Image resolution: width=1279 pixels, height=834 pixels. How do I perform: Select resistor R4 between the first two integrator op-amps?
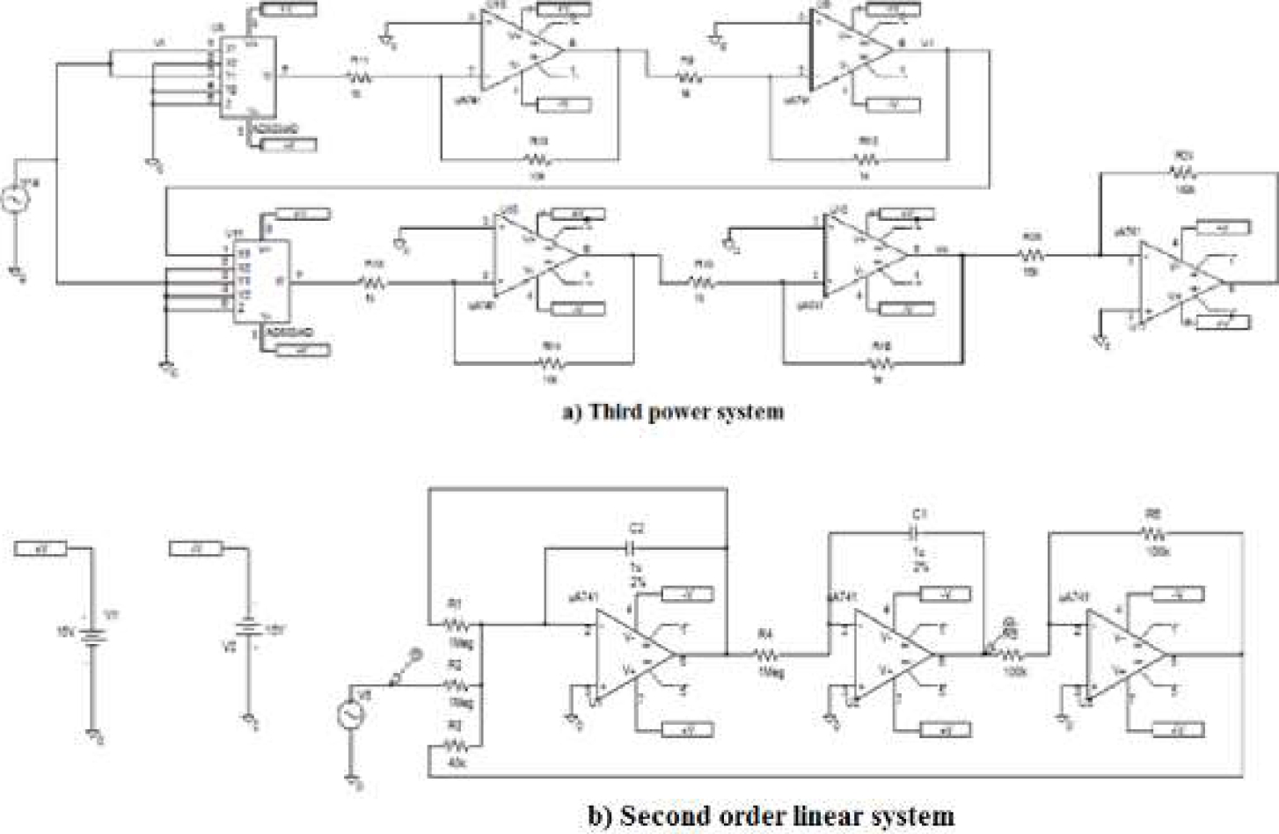pyautogui.click(x=765, y=654)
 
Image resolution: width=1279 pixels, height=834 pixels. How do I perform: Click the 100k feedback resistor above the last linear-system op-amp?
pyautogui.click(x=1153, y=532)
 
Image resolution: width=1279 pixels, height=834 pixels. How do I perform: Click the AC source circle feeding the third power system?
pyautogui.click(x=15, y=202)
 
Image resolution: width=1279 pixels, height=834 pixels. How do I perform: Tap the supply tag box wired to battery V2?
pyautogui.click(x=195, y=550)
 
